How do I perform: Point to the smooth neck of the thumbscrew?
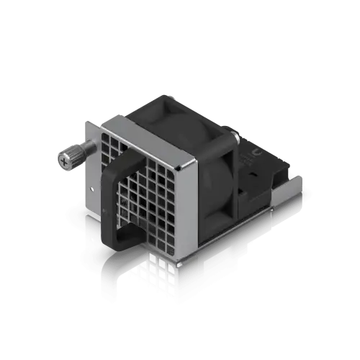pyautogui.click(x=86, y=150)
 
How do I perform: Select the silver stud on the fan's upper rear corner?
pyautogui.click(x=235, y=135)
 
